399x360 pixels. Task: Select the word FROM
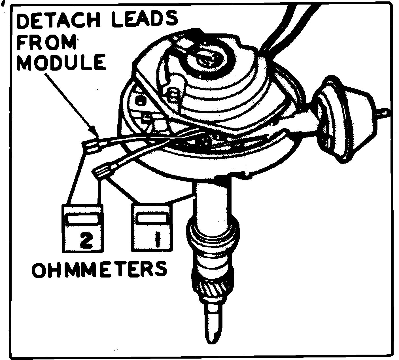[x=47, y=43]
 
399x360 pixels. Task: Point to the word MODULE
[x=61, y=63]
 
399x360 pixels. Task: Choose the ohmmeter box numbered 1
[x=152, y=227]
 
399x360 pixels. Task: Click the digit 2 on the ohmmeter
[x=84, y=240]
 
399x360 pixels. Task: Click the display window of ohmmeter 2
[x=82, y=219]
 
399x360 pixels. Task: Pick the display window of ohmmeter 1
[x=152, y=218]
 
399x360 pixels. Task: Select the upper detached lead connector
[x=92, y=145]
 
